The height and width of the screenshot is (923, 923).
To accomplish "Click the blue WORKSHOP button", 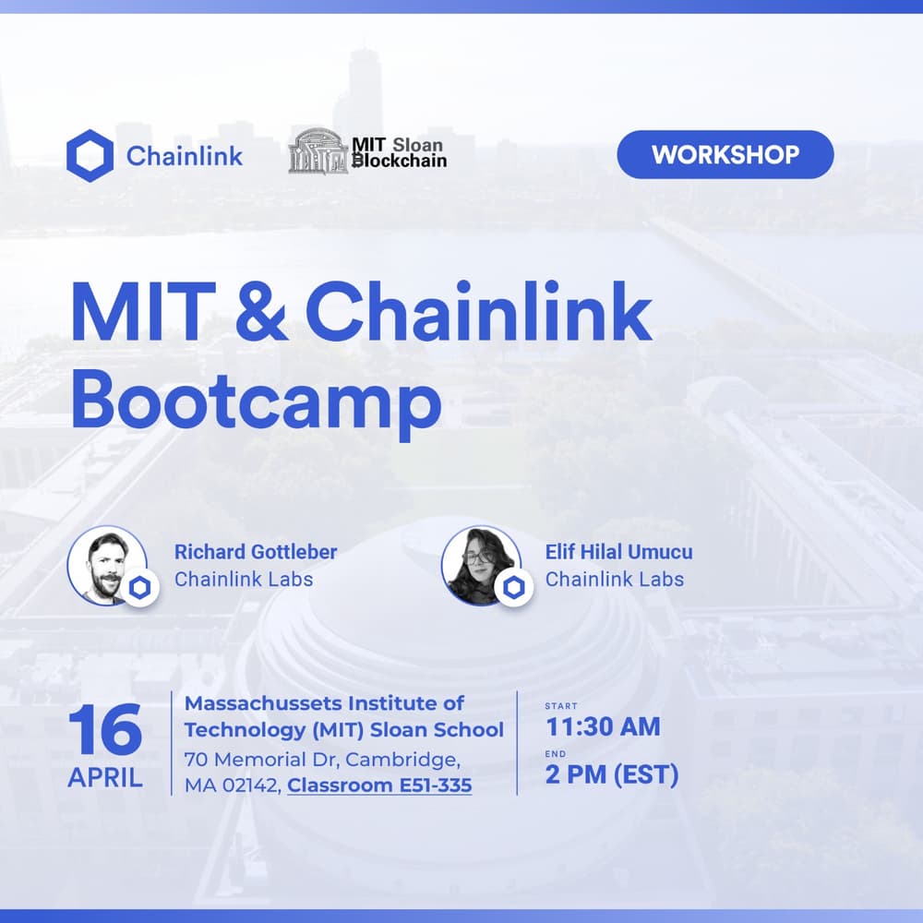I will [725, 154].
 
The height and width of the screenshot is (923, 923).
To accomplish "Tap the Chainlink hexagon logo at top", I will [90, 155].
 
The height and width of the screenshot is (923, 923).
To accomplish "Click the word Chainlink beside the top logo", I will [185, 155].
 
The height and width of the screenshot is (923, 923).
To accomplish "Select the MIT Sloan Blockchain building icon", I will [318, 150].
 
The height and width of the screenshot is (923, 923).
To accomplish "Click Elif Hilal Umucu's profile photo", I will [478, 565].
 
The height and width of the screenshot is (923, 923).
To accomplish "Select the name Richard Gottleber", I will [256, 552].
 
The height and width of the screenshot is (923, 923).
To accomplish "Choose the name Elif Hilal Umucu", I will [618, 552].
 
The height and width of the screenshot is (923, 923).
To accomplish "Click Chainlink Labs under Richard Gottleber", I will [244, 580].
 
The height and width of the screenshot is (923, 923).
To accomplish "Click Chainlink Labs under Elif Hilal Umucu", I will [615, 580].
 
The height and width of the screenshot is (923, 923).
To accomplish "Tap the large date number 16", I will [105, 731].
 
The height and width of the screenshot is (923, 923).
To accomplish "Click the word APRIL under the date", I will [105, 777].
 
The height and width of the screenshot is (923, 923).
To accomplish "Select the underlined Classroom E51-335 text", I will [379, 785].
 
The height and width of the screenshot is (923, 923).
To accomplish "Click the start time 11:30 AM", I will [603, 726].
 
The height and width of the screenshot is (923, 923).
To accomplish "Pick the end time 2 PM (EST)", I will [611, 774].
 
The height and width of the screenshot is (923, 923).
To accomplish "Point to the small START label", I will [561, 706].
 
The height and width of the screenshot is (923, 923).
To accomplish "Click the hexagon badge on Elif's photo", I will [513, 587].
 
